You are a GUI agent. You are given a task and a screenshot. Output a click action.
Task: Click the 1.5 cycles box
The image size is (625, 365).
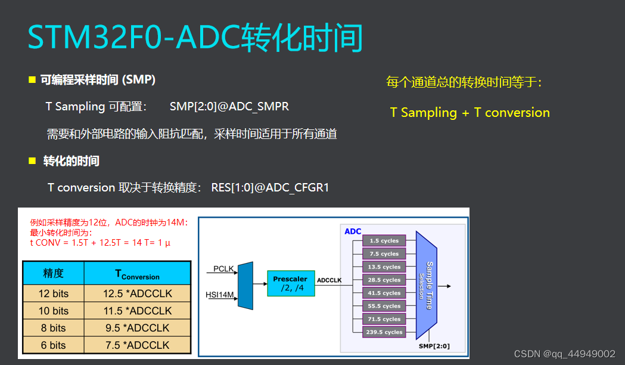tap(384, 240)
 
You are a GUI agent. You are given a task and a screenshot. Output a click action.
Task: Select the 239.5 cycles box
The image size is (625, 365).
tap(384, 332)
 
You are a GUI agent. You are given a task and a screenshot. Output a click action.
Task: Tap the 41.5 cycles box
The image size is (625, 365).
tap(384, 293)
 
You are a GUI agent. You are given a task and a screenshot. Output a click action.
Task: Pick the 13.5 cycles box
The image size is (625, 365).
tap(384, 267)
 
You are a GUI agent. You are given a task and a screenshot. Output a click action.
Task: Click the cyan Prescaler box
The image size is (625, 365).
tap(291, 283)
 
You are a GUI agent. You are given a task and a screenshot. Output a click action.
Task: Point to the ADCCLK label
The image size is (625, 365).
tap(329, 280)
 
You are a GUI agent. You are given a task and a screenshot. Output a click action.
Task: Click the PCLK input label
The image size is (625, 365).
tap(223, 268)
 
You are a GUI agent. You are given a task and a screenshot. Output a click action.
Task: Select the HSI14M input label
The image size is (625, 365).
tap(220, 295)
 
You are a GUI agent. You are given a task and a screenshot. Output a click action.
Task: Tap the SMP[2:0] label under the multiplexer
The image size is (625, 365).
tap(434, 346)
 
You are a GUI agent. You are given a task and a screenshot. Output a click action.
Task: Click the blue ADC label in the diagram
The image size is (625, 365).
tap(353, 231)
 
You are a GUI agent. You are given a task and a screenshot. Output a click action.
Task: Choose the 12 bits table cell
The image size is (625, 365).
tap(54, 293)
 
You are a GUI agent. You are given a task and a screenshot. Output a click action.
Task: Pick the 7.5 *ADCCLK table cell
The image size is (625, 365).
tap(138, 345)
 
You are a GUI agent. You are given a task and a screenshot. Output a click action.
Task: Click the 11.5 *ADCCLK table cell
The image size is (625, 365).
tap(138, 311)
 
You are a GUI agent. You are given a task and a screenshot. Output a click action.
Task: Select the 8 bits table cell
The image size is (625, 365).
tap(54, 328)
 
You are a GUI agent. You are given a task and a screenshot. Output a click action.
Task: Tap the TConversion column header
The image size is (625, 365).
tap(138, 273)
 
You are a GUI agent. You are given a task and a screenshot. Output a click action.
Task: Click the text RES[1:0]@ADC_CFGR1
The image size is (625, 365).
tap(270, 187)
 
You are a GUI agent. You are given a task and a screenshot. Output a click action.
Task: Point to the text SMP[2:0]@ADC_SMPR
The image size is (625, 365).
tap(229, 107)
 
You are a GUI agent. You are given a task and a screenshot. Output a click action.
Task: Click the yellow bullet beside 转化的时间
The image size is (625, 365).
tap(32, 161)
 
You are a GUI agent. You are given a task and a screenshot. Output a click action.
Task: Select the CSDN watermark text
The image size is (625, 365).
tap(564, 354)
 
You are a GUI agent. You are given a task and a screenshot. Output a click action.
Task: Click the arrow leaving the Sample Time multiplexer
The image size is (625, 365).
tap(444, 286)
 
